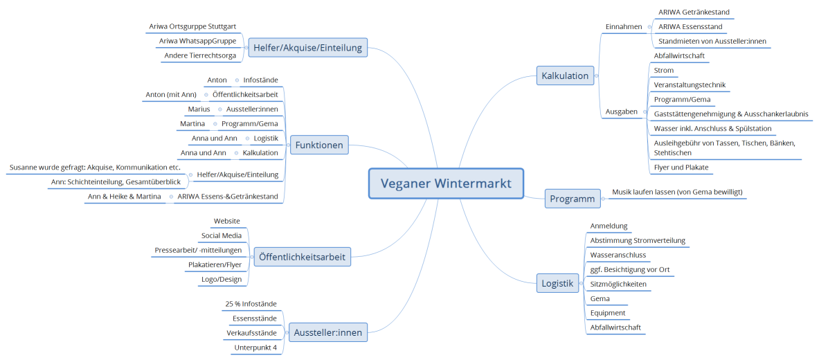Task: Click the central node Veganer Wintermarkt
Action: point(446,183)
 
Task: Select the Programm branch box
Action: point(572,199)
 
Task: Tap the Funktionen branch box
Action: point(319,145)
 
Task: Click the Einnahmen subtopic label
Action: point(624,26)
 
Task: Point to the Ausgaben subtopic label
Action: point(622,111)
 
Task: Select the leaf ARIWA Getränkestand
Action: point(694,12)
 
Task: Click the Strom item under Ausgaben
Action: point(664,70)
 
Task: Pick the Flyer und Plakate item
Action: point(681,167)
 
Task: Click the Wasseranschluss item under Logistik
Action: point(618,255)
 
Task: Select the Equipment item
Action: point(607,313)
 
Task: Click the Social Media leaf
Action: point(221,235)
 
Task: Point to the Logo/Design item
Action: point(222,279)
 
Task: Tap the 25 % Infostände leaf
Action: point(251,303)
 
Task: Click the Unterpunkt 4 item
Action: point(255,347)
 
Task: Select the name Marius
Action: point(199,109)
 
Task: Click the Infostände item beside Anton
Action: point(260,80)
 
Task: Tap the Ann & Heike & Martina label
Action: point(125,197)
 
